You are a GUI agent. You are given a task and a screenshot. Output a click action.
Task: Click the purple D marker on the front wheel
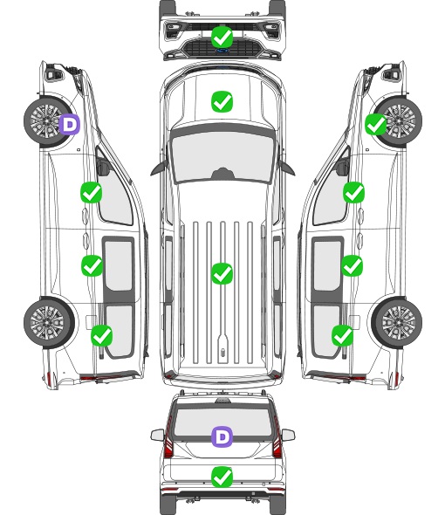coord(70,125)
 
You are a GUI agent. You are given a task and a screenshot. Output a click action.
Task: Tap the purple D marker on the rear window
coord(222,436)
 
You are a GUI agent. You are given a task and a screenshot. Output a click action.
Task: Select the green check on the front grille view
coord(222,38)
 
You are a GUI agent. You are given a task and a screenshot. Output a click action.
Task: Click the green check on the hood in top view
coord(222,101)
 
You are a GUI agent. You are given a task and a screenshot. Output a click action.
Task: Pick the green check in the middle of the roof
coord(222,273)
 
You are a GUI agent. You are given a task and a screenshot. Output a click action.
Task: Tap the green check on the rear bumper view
coord(222,477)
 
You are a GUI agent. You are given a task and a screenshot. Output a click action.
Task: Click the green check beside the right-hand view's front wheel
coord(376,125)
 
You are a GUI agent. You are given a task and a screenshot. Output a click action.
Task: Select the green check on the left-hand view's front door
coord(92,192)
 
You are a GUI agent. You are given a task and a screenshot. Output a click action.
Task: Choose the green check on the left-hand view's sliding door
coord(92,265)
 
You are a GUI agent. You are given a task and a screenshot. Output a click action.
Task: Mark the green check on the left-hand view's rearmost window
coord(102,335)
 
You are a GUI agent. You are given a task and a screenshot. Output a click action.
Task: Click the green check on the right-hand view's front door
coord(353,192)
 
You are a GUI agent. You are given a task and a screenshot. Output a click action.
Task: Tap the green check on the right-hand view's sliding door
coord(353,265)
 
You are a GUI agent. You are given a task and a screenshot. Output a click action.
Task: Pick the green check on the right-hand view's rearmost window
coord(343,335)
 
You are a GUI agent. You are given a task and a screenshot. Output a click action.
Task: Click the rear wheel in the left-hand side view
coord(49,323)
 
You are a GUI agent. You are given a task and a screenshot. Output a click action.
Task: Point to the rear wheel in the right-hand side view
coord(397,323)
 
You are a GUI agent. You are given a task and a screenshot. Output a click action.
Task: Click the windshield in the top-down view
coord(222,157)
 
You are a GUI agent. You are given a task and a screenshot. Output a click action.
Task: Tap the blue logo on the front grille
coord(222,51)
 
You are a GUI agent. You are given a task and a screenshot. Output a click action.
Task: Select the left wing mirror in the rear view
coord(158,435)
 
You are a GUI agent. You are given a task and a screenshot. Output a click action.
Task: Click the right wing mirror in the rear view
coord(288,435)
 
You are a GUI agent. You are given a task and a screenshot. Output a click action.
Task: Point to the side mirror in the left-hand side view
coord(103,167)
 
